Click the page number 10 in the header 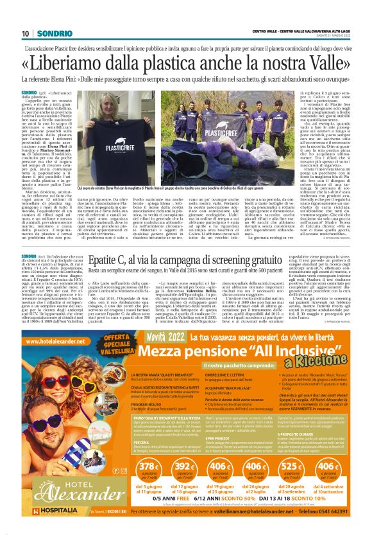point(25,33)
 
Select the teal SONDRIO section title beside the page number point(50,33)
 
